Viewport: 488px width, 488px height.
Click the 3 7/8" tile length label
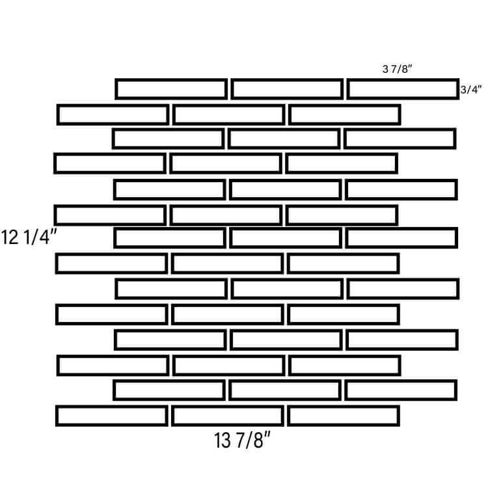pyautogui.click(x=397, y=69)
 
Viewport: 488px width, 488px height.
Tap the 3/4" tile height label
pyautogui.click(x=471, y=90)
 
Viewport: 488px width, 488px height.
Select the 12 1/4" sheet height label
pyautogui.click(x=29, y=237)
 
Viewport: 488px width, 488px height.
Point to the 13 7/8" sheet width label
pyautogui.click(x=242, y=440)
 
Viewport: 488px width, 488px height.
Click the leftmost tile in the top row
pyautogui.click(x=171, y=81)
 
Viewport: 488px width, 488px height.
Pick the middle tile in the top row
pyautogui.click(x=287, y=81)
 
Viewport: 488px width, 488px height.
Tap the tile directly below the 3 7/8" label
pyautogui.click(x=403, y=81)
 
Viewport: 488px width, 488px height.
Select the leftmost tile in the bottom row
pyautogui.click(x=112, y=407)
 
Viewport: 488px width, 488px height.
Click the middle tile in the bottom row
pyautogui.click(x=228, y=407)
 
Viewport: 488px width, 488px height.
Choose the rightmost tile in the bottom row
pyautogui.click(x=344, y=407)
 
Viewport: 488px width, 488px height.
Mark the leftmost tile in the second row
pyautogui.click(x=113, y=107)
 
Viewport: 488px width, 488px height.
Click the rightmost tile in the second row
pyautogui.click(x=344, y=107)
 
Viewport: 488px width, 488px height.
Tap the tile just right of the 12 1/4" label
pyautogui.click(x=170, y=230)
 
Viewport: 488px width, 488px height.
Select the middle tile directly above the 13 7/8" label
pyautogui.click(x=228, y=407)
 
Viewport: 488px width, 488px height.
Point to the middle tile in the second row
pyautogui.click(x=229, y=107)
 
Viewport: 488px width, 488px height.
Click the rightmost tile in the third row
pyautogui.click(x=400, y=130)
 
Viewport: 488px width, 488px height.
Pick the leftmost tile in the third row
pyautogui.click(x=169, y=130)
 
